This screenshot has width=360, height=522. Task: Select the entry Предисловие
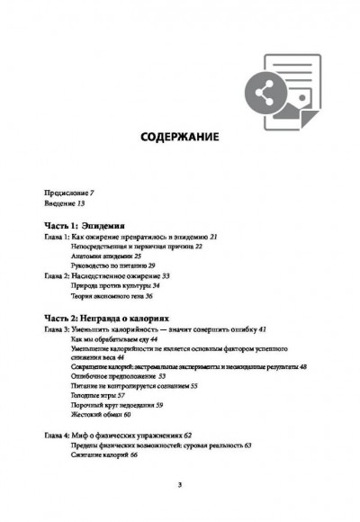coord(67,193)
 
